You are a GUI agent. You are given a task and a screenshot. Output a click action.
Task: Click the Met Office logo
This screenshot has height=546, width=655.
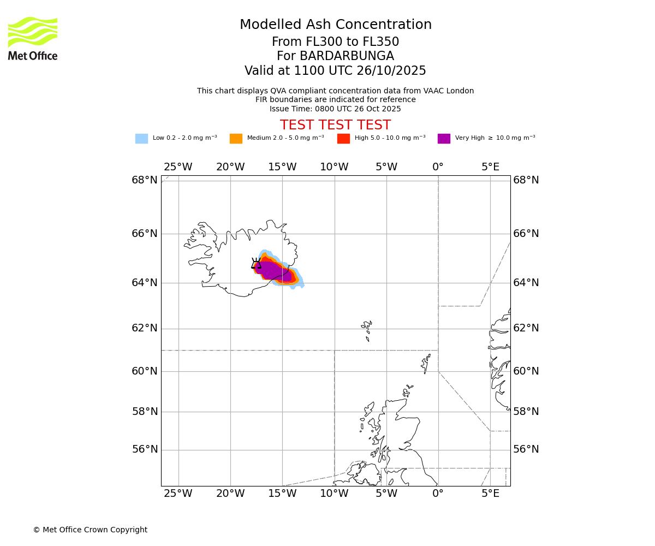pos(33,38)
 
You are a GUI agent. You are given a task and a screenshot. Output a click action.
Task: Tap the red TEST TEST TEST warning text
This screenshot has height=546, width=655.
pos(335,125)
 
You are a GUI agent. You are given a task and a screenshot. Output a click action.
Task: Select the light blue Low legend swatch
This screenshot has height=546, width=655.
pos(141,138)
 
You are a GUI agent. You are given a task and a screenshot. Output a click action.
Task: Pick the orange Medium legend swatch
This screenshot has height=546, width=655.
pos(236,138)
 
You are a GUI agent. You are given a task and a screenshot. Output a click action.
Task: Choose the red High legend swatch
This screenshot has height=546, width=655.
pos(343,138)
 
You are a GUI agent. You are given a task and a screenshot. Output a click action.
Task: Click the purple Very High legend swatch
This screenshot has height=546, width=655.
pos(444,138)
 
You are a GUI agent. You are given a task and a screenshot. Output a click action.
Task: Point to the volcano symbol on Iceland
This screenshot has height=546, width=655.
pos(256,264)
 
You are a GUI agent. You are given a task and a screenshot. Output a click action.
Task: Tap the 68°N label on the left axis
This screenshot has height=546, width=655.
pos(144,180)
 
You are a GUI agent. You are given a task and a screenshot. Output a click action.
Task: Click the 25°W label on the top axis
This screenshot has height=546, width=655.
pos(178,167)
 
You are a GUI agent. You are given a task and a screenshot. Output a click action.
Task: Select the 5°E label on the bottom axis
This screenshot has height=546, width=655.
pos(490,494)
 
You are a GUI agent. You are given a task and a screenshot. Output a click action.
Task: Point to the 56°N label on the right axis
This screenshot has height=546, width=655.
pos(526,449)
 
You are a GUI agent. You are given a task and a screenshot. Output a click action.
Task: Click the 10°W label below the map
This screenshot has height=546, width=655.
pos(334,494)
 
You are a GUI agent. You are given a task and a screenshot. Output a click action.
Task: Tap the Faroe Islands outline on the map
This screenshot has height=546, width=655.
pos(367,329)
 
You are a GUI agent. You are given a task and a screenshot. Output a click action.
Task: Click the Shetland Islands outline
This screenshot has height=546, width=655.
pos(426,363)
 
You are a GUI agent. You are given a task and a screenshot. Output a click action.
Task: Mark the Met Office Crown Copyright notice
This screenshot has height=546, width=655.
pos(90,530)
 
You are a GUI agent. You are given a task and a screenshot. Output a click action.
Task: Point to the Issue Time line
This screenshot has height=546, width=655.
pos(335,109)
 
